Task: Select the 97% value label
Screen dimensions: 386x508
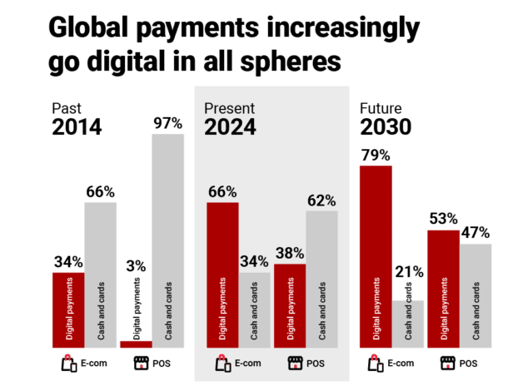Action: [x=167, y=123]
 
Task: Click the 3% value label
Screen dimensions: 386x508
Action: [x=136, y=266]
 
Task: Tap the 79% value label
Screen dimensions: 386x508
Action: [x=376, y=154]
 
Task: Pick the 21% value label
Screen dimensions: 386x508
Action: [x=409, y=272]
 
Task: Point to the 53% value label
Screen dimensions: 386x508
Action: [x=443, y=219]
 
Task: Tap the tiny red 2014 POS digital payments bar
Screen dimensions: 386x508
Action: [x=136, y=344]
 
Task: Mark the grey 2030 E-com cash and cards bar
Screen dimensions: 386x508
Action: [x=409, y=324]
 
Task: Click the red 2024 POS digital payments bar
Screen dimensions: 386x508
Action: [x=290, y=305]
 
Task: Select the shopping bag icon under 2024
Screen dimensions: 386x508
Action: [x=222, y=364]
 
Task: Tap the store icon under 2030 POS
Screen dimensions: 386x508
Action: [x=446, y=364]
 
